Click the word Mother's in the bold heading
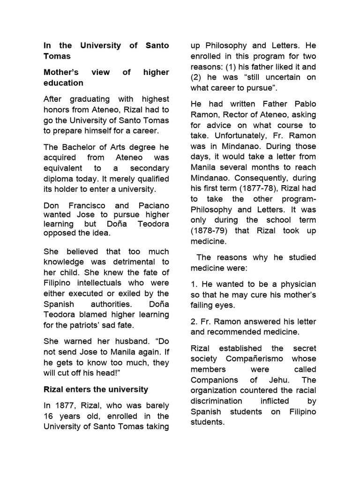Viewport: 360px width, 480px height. pos(60,73)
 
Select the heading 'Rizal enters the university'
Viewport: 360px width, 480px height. pos(96,389)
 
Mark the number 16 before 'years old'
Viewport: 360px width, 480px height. pos(49,416)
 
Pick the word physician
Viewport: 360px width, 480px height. pos(297,284)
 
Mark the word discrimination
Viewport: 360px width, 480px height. pos(217,401)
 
